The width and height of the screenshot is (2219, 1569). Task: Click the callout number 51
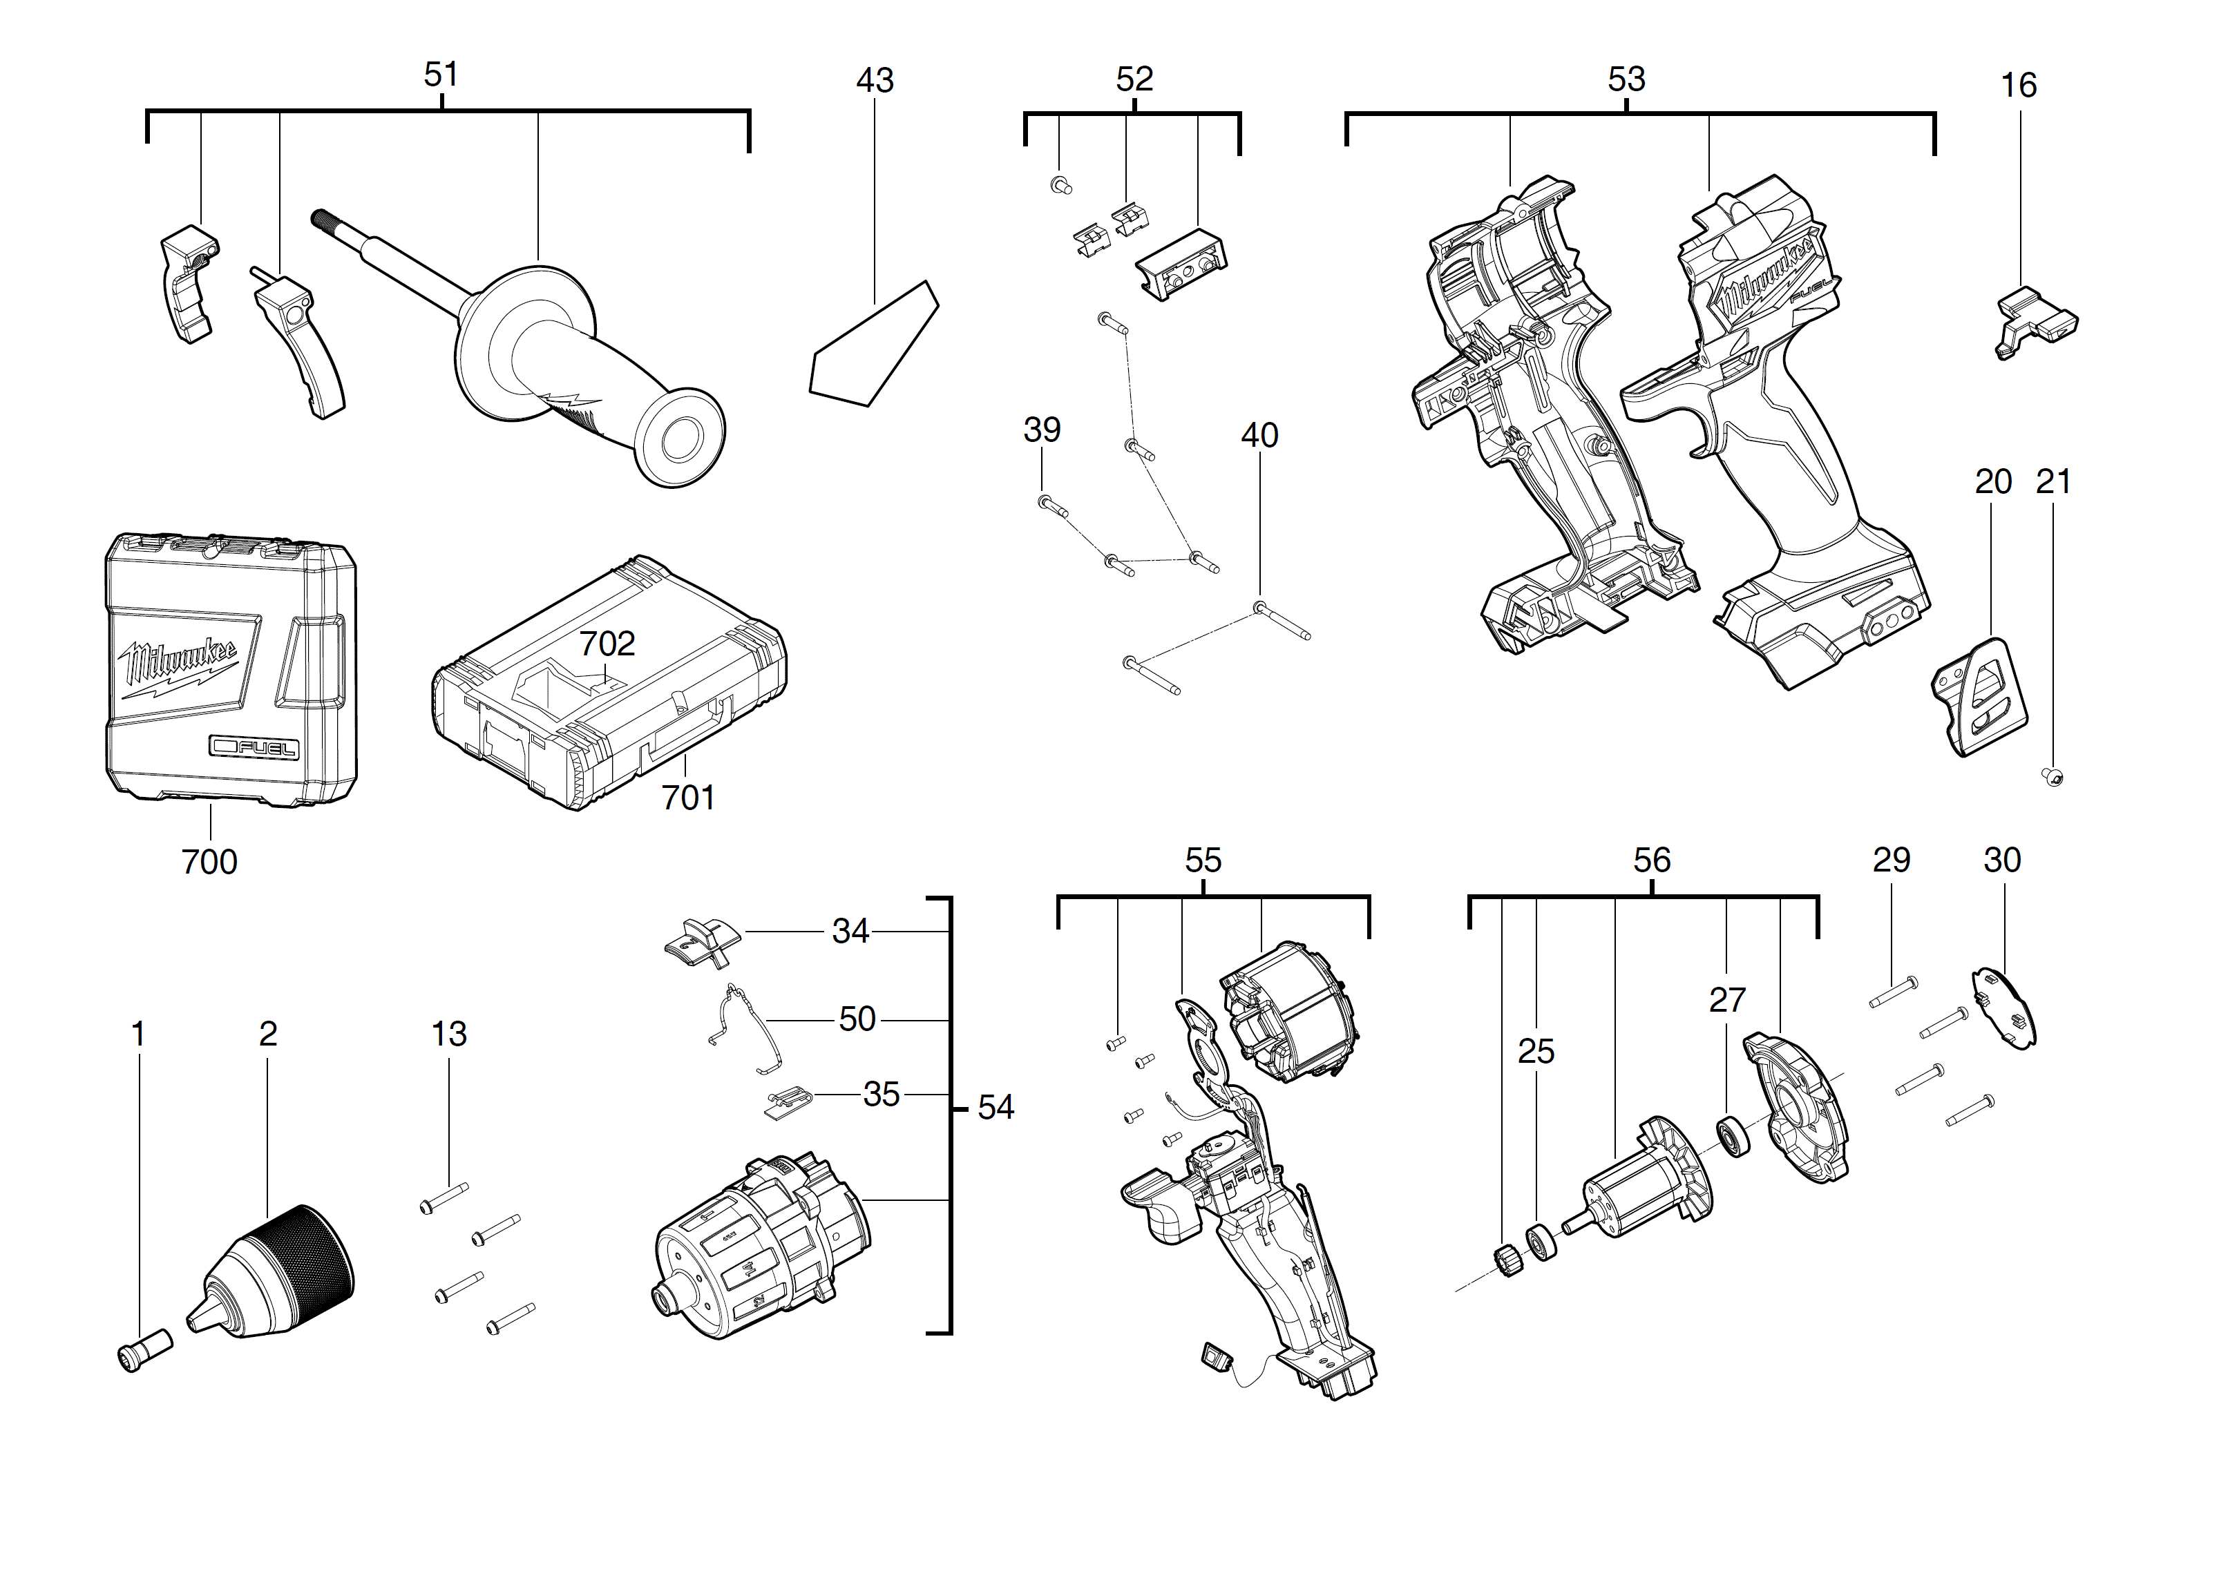[x=441, y=75]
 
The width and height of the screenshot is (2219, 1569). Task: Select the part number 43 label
[x=875, y=80]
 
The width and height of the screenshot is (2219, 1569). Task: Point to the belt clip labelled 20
[x=1979, y=697]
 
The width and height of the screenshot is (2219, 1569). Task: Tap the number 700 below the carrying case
[x=209, y=862]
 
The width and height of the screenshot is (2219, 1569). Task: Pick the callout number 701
[x=688, y=798]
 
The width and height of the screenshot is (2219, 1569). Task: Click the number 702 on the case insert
[x=607, y=644]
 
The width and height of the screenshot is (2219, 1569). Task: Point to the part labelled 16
[x=2035, y=324]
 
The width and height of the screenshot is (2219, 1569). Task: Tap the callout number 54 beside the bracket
[x=996, y=1107]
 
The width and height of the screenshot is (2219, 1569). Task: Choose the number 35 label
[x=880, y=1095]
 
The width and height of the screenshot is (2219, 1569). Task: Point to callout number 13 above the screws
[x=448, y=1034]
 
